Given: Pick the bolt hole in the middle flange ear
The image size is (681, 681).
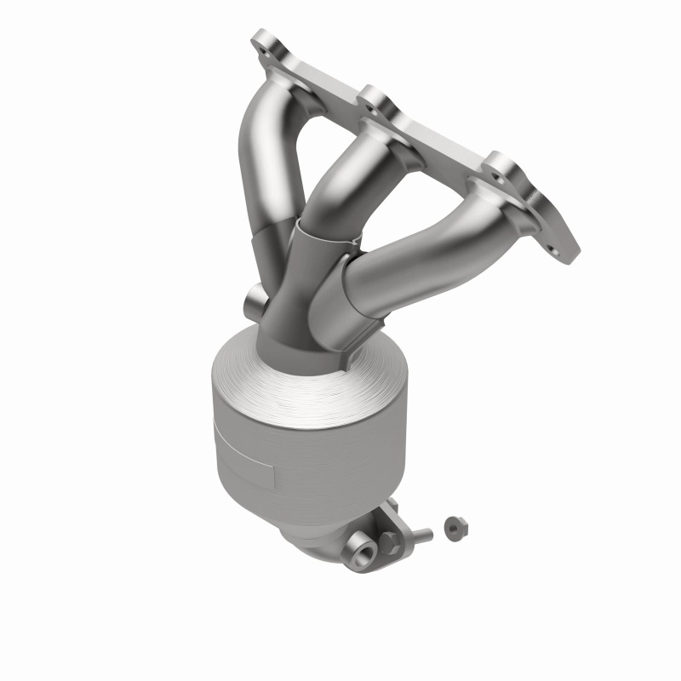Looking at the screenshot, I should (369, 105).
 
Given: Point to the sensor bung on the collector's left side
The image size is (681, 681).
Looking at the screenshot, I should (253, 300).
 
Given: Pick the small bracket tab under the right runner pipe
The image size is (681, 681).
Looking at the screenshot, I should (362, 345).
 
